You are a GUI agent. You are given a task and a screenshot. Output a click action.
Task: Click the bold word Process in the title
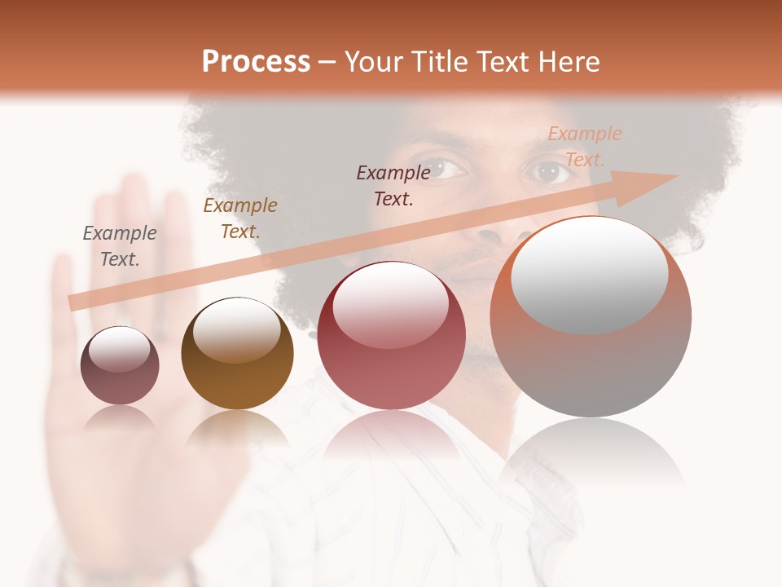click(x=256, y=61)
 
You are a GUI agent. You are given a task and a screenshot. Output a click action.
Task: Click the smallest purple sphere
click(x=120, y=365)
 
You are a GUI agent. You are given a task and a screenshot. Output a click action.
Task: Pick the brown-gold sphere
click(x=237, y=354)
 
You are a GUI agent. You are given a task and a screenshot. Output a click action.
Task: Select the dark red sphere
click(x=391, y=336)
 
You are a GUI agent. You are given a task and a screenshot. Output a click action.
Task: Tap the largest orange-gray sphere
click(x=591, y=317)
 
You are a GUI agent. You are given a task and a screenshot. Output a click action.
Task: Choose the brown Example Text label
click(x=240, y=218)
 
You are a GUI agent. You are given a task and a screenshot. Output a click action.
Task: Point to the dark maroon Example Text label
click(x=393, y=185)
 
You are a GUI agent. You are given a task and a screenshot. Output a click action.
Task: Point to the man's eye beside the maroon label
click(x=446, y=168)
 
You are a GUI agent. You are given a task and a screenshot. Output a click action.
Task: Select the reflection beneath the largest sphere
click(x=591, y=453)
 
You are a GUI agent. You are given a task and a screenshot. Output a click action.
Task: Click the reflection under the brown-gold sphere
click(x=237, y=429)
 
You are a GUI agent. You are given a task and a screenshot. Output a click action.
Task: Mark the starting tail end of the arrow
click(x=73, y=302)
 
